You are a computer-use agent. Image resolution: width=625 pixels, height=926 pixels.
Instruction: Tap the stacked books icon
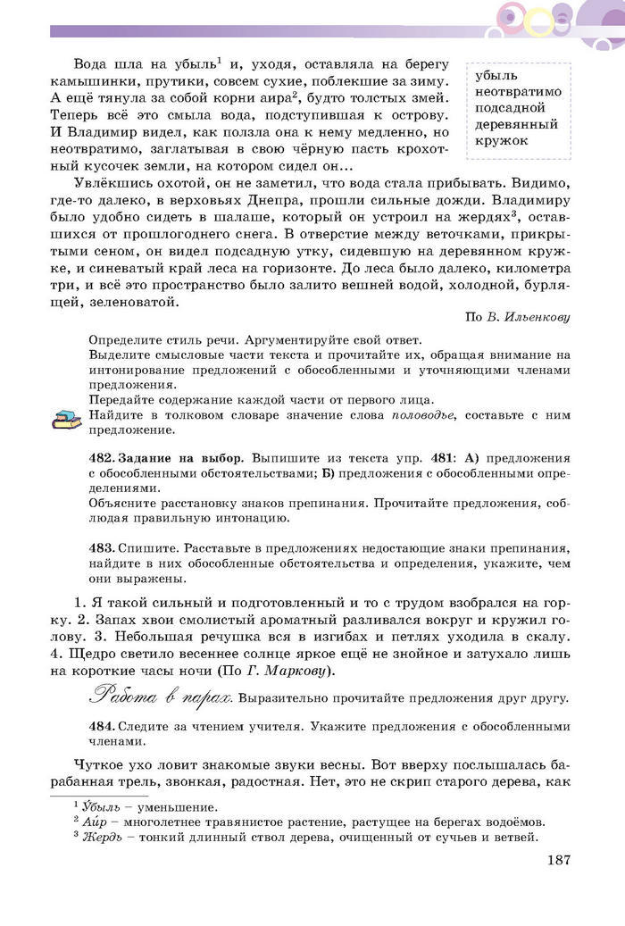64,418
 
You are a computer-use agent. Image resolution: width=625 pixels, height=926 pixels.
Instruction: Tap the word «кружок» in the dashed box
503,140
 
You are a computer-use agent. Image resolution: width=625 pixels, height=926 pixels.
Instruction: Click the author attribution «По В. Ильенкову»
518,317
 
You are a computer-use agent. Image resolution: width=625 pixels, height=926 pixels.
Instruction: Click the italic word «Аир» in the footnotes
96,822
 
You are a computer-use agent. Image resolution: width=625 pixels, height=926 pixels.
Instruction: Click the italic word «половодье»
423,415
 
